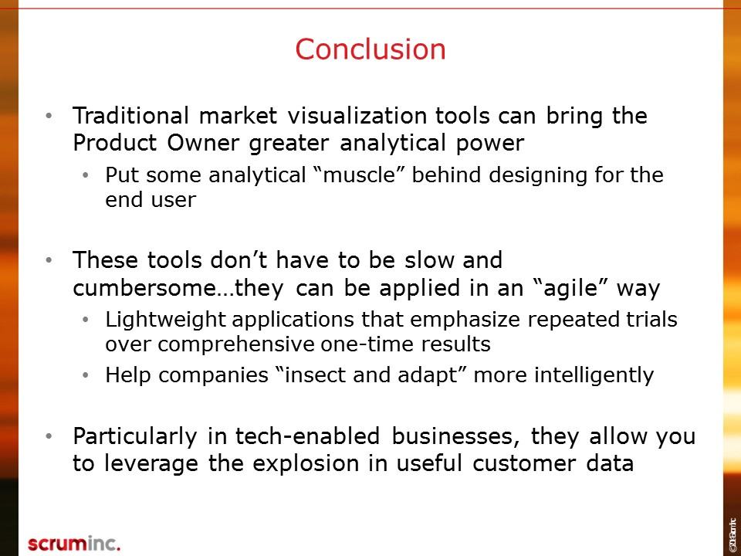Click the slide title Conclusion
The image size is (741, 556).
[x=370, y=49]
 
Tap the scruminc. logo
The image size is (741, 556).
[x=74, y=543]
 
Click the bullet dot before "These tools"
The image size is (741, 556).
[x=49, y=260]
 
